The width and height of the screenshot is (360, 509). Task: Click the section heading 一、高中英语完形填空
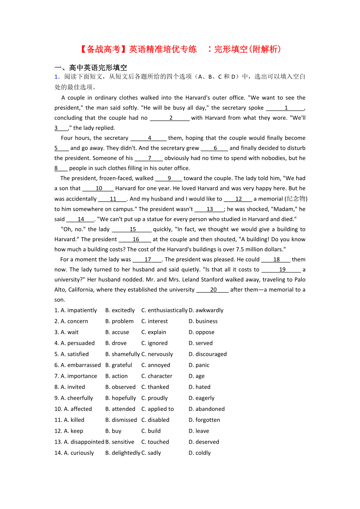pyautogui.click(x=91, y=68)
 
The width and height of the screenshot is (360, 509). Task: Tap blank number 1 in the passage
pyautogui.click(x=286, y=108)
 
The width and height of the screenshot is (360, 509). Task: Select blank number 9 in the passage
pyautogui.click(x=169, y=178)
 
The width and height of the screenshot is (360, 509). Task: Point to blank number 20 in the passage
pyautogui.click(x=213, y=290)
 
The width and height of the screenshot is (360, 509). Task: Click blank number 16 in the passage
pyautogui.click(x=135, y=239)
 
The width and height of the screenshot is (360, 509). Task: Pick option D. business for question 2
pyautogui.click(x=203, y=321)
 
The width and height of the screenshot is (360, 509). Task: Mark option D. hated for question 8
pyautogui.click(x=200, y=387)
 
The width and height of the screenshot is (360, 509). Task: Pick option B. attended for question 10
pyautogui.click(x=120, y=409)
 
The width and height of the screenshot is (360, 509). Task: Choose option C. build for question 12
pyautogui.click(x=151, y=431)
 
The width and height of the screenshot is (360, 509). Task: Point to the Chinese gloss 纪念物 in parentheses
pyautogui.click(x=296, y=199)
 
